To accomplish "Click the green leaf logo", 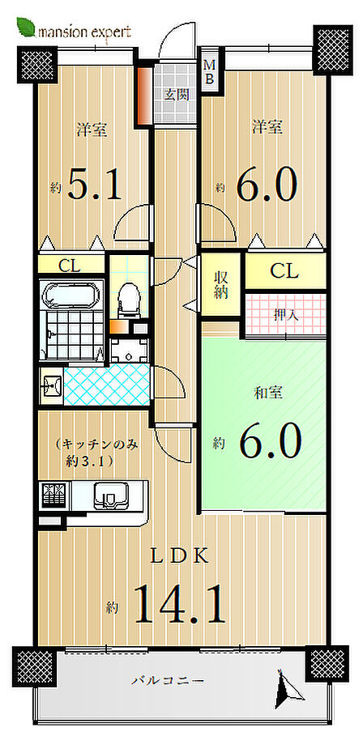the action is (26, 27).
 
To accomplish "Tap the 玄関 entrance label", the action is (177, 95).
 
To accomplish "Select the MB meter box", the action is (210, 72).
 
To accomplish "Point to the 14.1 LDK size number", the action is (179, 604).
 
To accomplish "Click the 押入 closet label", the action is (285, 316).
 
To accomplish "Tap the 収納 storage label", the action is (220, 284).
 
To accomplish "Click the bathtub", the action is (71, 295).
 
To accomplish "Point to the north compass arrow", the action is (288, 691).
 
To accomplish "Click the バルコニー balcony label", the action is (168, 681).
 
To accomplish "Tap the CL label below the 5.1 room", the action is (70, 266).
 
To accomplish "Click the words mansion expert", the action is (84, 32).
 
